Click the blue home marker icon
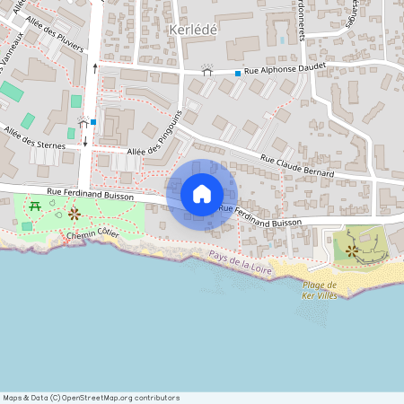tap(202, 194)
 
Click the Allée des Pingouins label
tap(157, 135)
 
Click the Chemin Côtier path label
tap(92, 234)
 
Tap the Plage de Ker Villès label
tap(319, 289)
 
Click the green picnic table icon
tap(35, 206)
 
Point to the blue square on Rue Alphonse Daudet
tap(238, 73)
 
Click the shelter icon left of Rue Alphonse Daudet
tap(208, 69)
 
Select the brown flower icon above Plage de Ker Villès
tap(351, 250)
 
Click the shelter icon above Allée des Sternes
tap(83, 122)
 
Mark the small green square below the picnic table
tap(27, 226)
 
